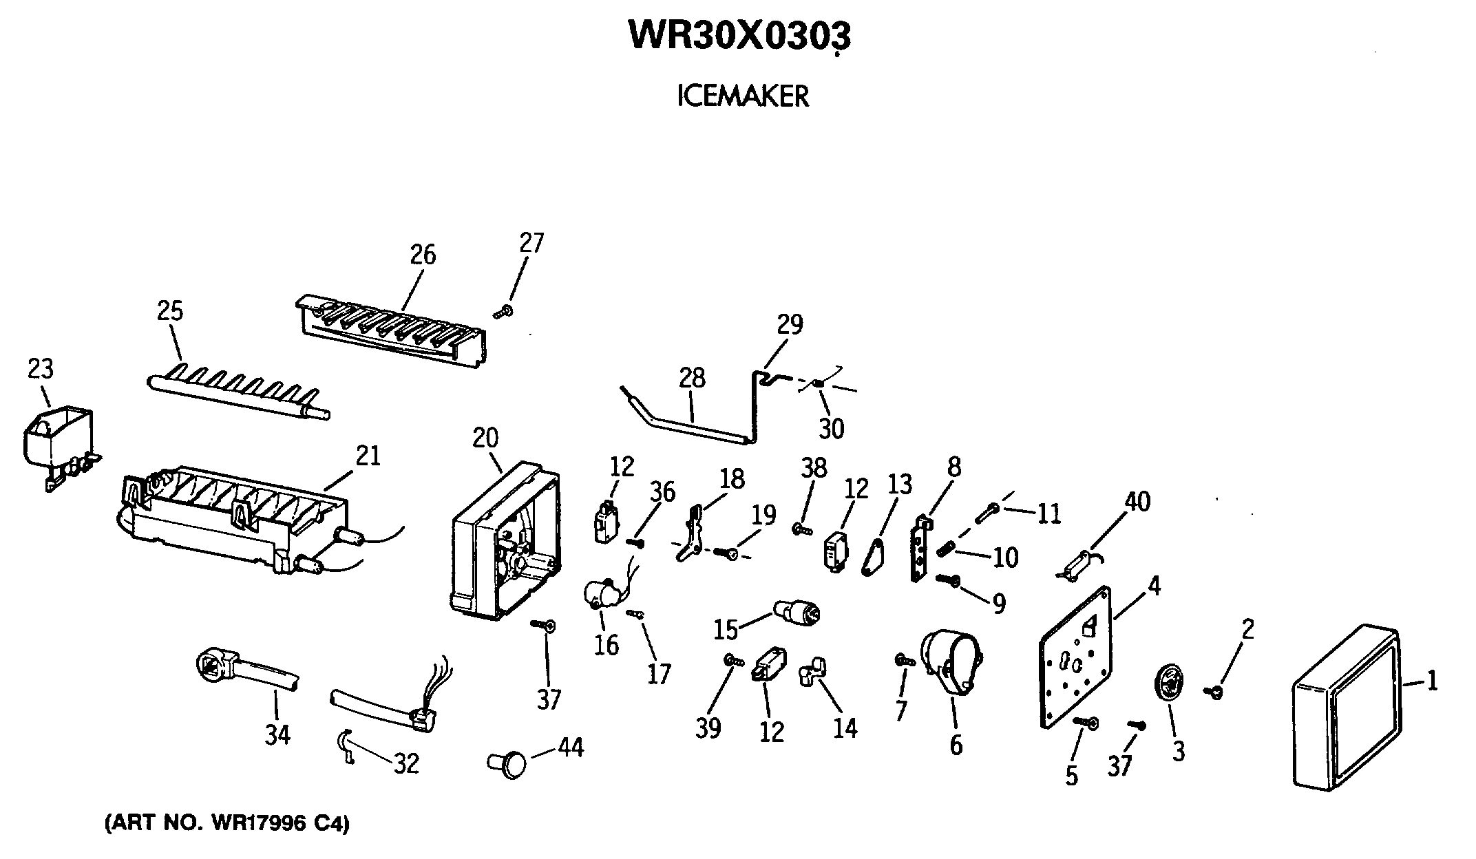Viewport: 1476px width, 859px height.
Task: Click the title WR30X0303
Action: (x=740, y=36)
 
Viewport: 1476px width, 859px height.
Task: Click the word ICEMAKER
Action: (x=743, y=97)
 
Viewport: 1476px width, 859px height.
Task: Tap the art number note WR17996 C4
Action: (x=227, y=823)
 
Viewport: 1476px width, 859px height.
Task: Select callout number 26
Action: (x=423, y=255)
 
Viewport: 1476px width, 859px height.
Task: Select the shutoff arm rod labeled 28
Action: (x=695, y=423)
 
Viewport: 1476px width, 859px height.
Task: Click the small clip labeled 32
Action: (x=345, y=745)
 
